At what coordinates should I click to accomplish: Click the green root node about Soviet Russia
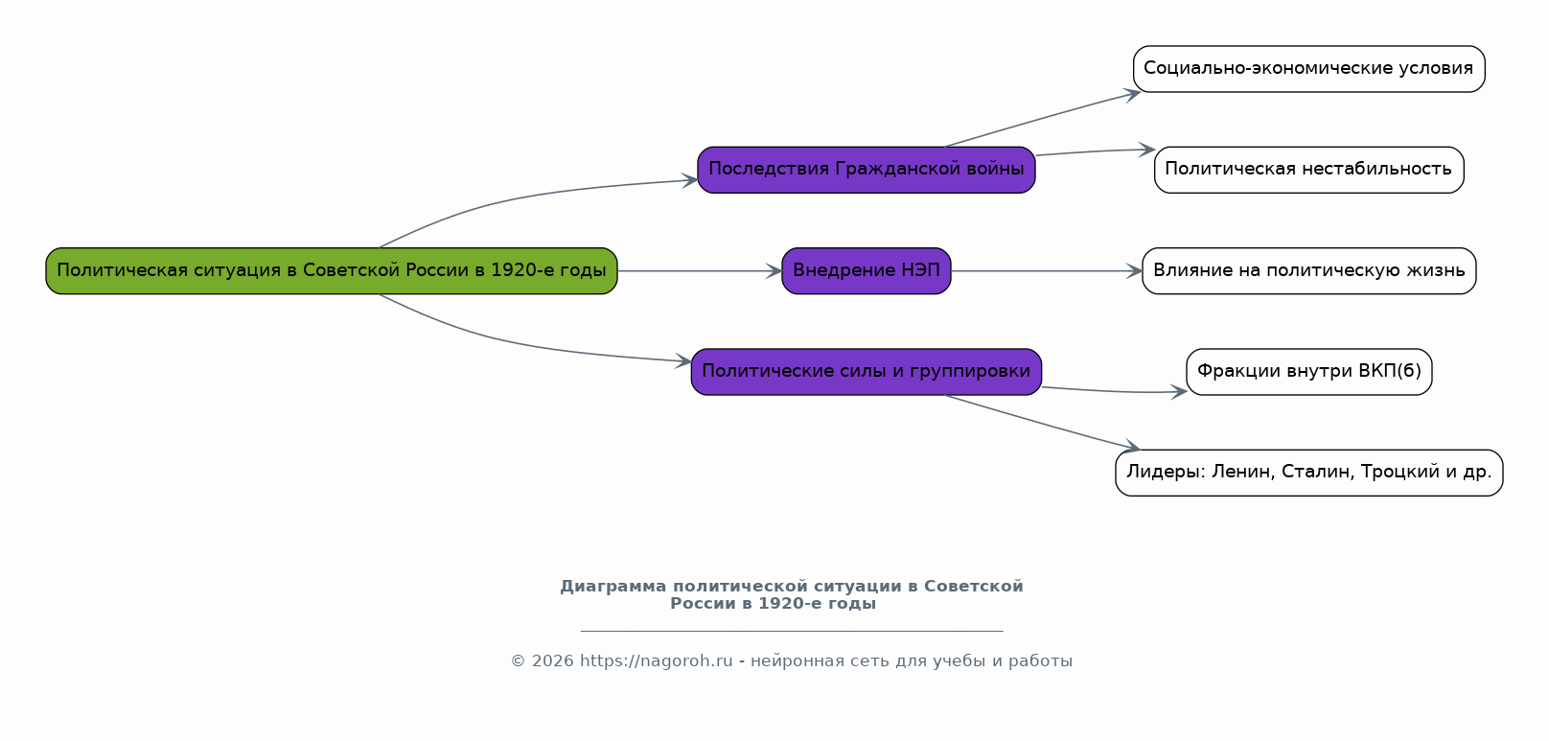coord(331,271)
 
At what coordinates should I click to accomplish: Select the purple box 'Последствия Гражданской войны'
coord(866,170)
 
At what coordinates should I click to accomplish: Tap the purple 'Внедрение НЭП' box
coord(866,271)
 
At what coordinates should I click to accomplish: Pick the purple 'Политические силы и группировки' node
coord(866,372)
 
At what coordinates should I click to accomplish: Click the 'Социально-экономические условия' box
coord(1308,69)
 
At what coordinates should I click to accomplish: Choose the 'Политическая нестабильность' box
coord(1308,170)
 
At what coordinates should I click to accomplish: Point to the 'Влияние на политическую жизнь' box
coord(1308,271)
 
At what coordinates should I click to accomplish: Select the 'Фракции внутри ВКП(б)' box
coord(1308,372)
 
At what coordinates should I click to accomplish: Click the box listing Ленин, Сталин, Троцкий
coord(1308,473)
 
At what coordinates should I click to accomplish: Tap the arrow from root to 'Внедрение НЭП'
coord(700,271)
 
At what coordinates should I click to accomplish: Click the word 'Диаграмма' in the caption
coord(613,587)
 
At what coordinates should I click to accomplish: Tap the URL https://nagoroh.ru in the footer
coord(656,661)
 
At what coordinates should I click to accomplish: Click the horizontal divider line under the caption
coord(792,631)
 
